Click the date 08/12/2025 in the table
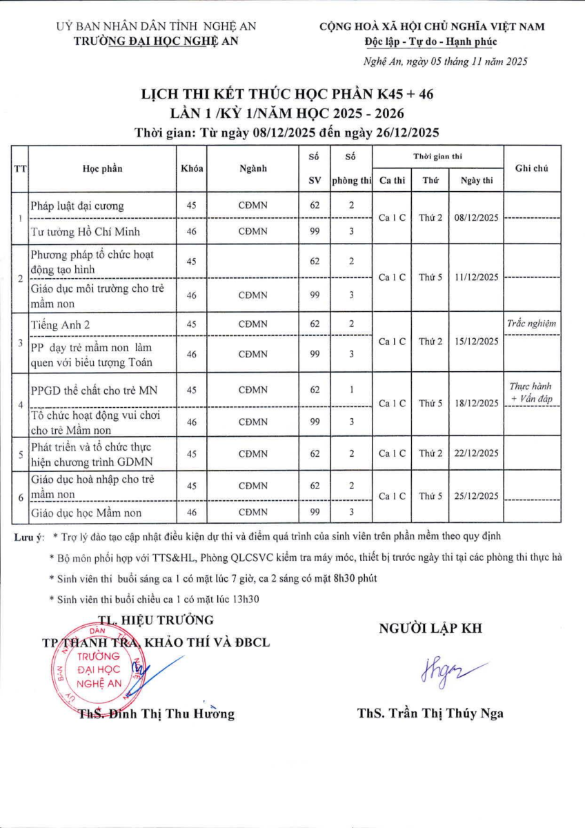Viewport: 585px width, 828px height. [x=477, y=217]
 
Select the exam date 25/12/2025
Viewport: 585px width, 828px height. [x=477, y=496]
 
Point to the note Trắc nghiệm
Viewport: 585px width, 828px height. [x=531, y=322]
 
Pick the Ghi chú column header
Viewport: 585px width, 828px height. [x=531, y=168]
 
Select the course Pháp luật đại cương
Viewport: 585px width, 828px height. [x=77, y=206]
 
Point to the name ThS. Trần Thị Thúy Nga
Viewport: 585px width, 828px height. [x=430, y=713]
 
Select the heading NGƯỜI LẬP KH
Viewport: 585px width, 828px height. [x=430, y=629]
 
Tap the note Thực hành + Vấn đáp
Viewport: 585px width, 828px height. [x=531, y=393]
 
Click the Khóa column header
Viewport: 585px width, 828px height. [x=192, y=169]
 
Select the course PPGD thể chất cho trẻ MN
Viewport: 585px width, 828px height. [x=84, y=390]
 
